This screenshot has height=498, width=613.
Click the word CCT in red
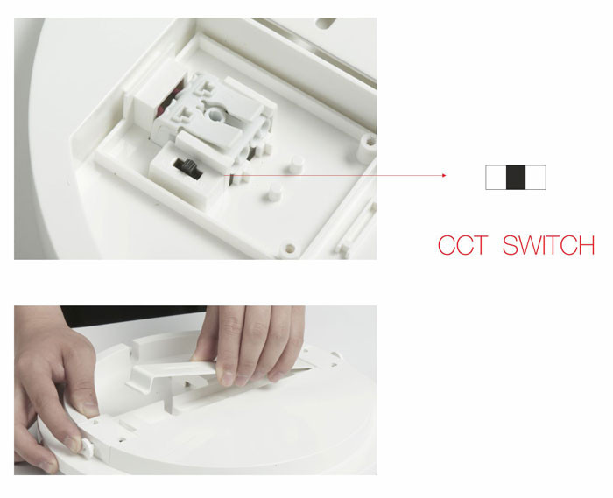462,245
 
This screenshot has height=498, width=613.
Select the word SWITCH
548,245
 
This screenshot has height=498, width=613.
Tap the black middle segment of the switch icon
516,178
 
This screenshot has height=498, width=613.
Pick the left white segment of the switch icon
497,178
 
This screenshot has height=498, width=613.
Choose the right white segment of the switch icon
536,178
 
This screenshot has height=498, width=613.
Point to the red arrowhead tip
446,175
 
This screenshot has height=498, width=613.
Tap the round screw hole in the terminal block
215,115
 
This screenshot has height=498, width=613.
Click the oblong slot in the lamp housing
325,23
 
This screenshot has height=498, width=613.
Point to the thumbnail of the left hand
88,407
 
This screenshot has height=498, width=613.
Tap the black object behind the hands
133,315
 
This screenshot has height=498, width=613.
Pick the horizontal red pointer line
335,175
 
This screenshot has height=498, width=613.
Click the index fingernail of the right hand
226,376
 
